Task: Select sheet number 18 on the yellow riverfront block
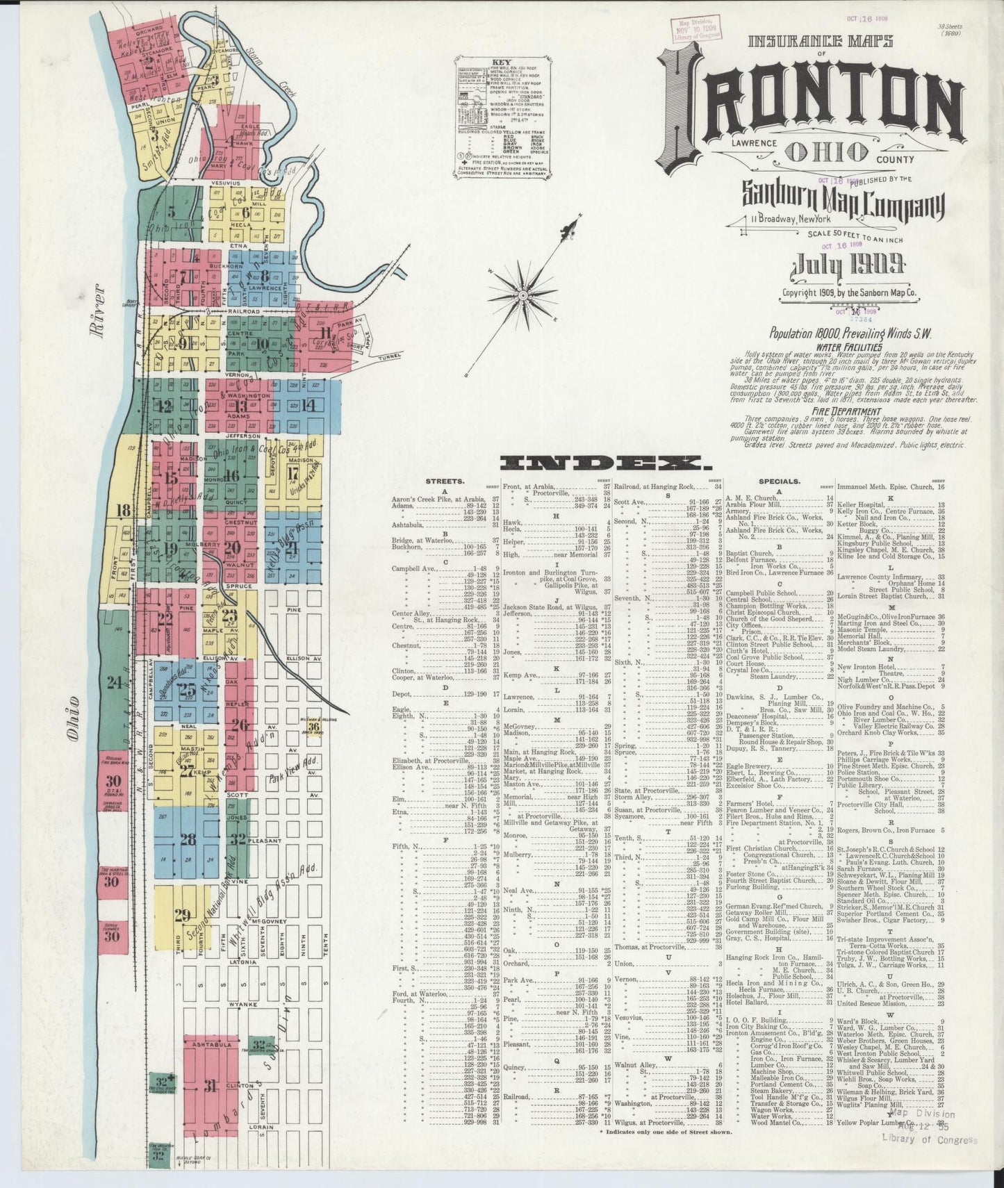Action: [123, 511]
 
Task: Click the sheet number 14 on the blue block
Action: [308, 406]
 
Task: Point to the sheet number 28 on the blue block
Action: [188, 839]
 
